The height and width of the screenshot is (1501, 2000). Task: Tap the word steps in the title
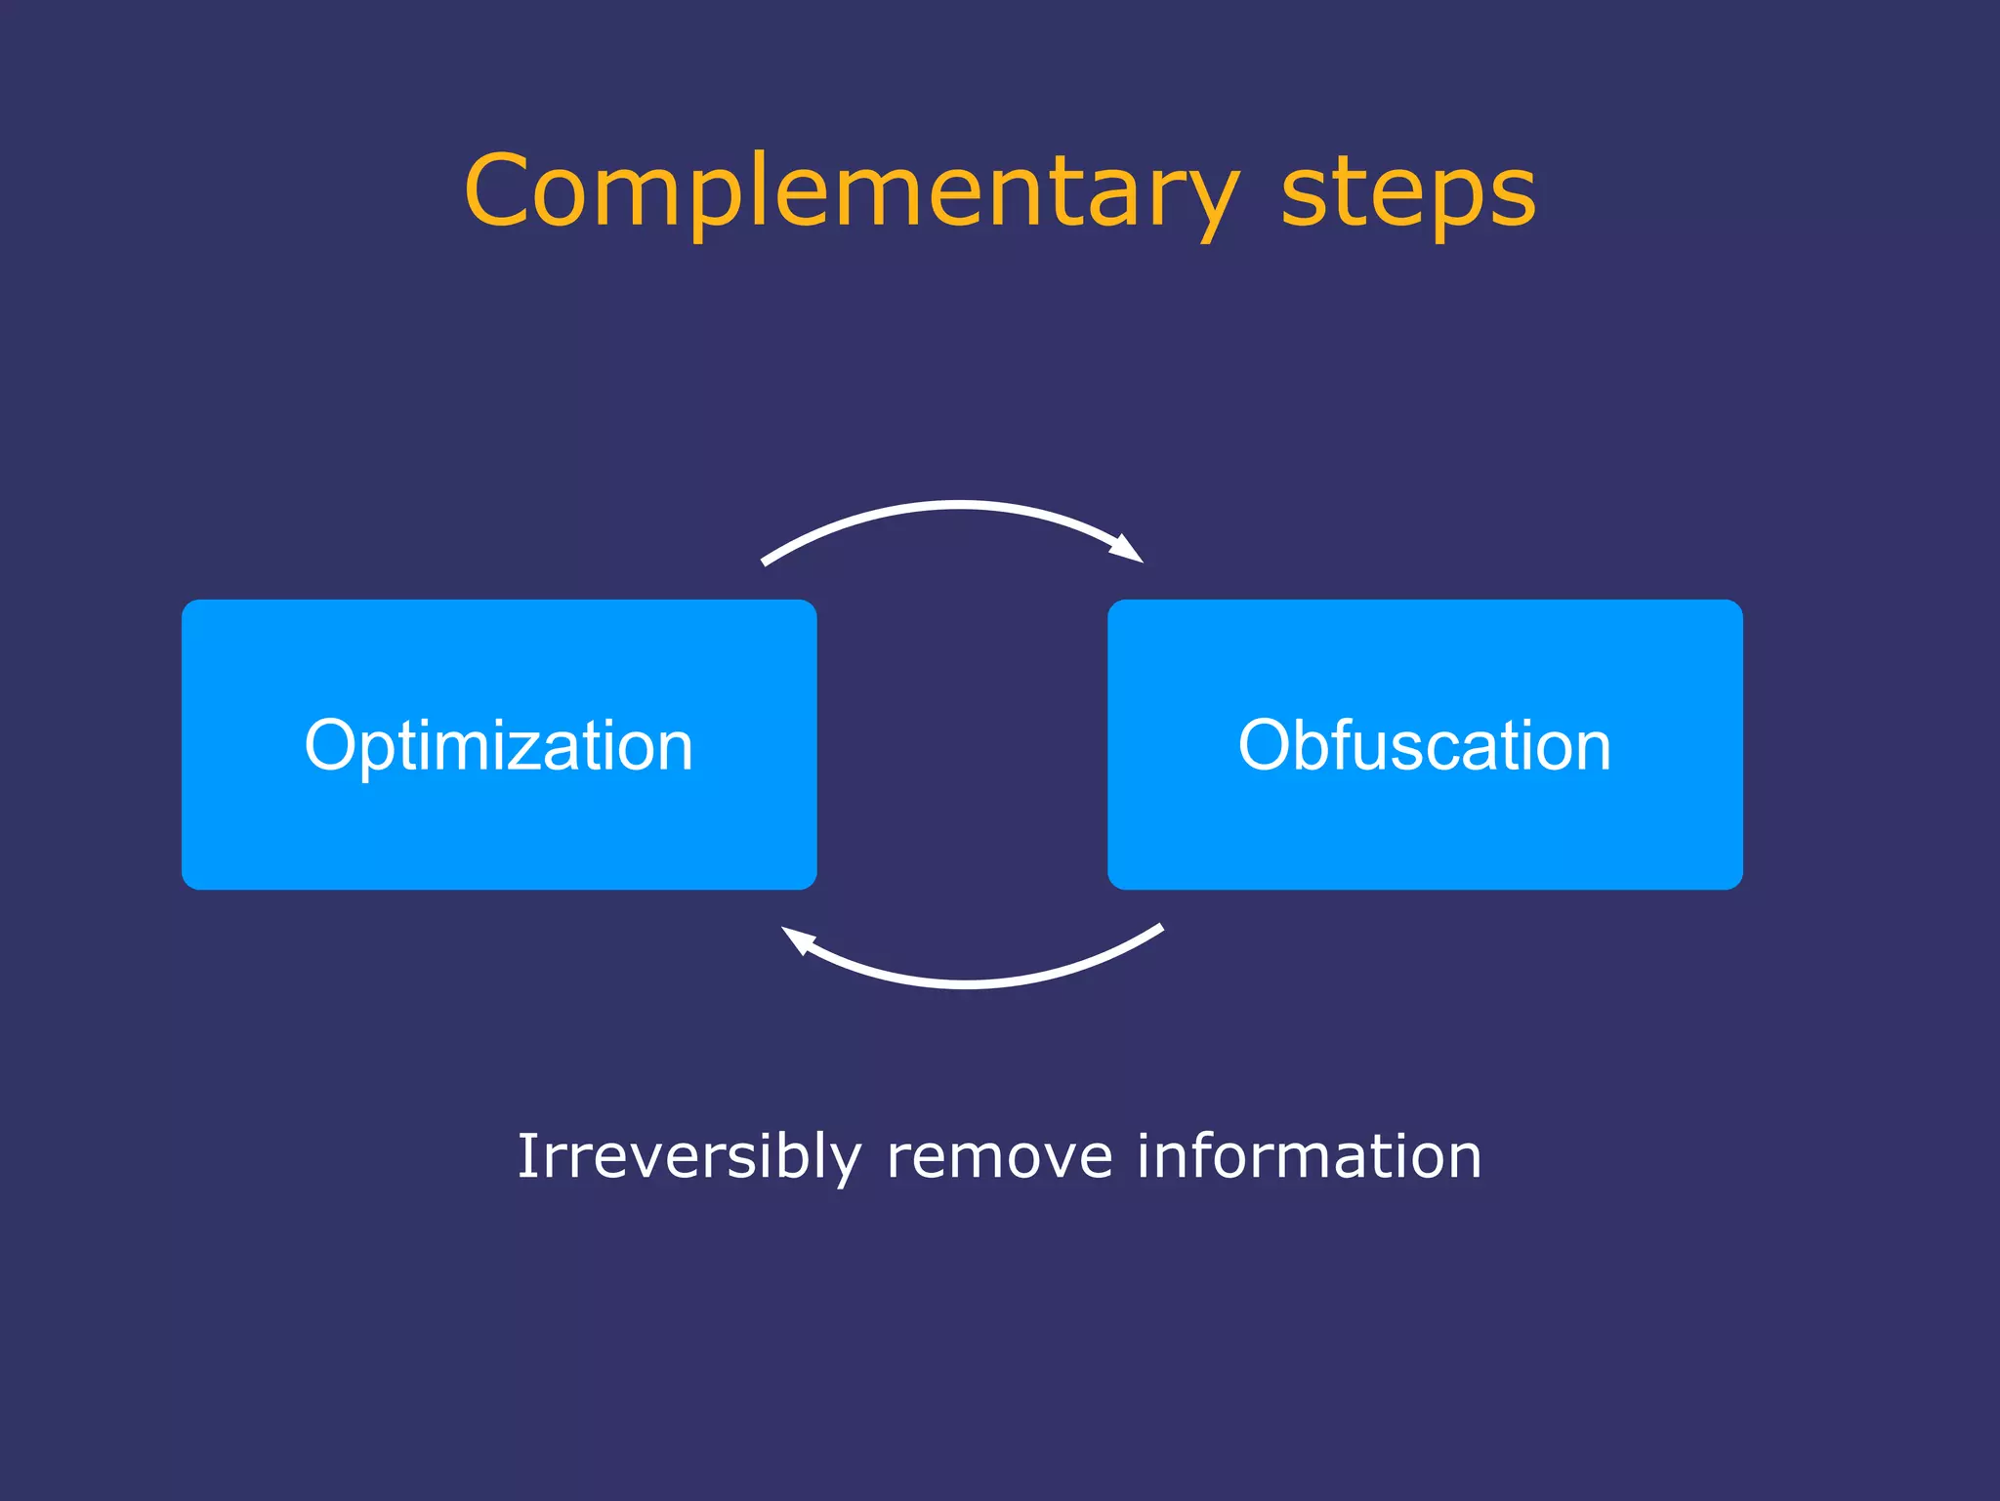tap(1407, 192)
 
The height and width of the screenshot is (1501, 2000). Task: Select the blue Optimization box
tap(499, 830)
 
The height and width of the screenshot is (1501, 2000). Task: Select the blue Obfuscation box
tap(1425, 830)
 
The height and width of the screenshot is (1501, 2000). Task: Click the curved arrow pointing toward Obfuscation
tap(952, 505)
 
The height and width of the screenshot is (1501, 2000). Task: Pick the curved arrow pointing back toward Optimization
tap(967, 983)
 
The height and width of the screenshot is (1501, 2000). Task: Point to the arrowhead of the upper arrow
tap(1128, 549)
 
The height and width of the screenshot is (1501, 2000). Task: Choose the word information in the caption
tap(1309, 1156)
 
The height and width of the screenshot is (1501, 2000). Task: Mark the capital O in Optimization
tap(334, 746)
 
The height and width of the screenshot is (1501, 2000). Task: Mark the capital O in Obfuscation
tap(1268, 746)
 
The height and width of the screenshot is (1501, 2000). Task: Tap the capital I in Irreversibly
tap(526, 1156)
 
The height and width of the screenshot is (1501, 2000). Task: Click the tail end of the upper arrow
tap(765, 563)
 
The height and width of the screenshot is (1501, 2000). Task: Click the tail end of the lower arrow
tap(1160, 928)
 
